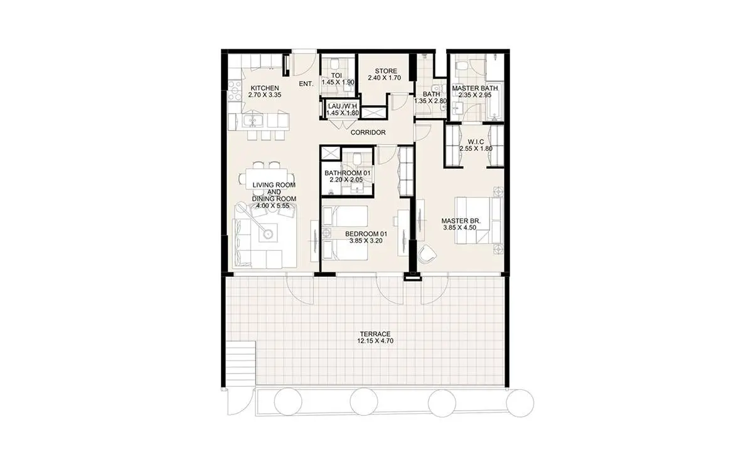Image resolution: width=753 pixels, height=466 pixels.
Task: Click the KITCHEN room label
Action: coord(265,88)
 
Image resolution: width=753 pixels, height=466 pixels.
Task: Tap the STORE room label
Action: coord(386,71)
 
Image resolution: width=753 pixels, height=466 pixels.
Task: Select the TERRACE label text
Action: coord(375,334)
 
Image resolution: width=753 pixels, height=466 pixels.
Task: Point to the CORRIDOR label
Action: coord(368,133)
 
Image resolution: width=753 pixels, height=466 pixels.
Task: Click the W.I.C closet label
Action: coord(476,142)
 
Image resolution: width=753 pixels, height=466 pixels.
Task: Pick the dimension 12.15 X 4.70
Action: coord(375,341)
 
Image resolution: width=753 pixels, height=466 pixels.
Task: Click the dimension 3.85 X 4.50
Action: coord(459,228)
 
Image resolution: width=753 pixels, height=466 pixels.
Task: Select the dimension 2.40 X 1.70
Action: coord(384,78)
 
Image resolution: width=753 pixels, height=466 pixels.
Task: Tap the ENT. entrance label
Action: coord(306,84)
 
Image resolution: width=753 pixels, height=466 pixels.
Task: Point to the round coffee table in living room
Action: coord(267,234)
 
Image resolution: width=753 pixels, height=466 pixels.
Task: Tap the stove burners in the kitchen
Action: coord(234,90)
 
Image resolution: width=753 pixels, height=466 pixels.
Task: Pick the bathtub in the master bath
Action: coord(494,101)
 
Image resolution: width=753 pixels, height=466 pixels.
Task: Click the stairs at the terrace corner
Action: coord(241,364)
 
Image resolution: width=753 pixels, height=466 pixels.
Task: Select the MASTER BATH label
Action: coord(474,88)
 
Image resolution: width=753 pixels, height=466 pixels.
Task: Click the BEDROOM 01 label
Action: coord(366,234)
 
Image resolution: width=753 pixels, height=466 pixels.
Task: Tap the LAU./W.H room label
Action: coord(343,106)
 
